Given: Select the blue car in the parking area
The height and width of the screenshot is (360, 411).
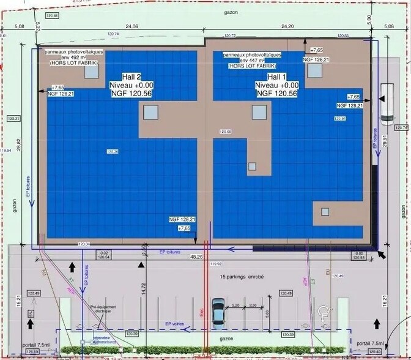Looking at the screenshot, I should pos(218,312).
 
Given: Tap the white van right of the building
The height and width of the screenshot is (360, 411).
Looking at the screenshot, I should pos(386,103).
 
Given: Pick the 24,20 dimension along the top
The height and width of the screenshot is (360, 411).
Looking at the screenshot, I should pos(287,26).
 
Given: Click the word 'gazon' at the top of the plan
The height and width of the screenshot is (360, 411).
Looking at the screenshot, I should pos(231,12).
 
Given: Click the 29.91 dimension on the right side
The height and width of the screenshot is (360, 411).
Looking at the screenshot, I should pos(384,141).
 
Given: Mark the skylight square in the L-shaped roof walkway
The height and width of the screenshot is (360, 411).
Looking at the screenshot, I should pos(251,166).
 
